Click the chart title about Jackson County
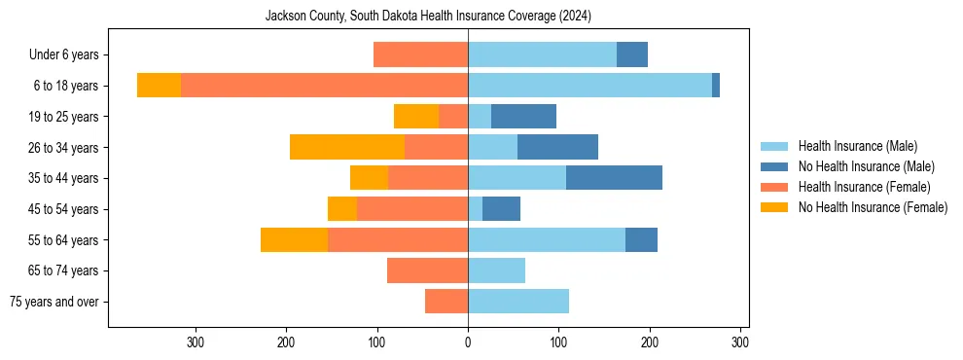point(428,17)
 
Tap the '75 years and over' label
point(54,302)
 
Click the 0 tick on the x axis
point(468,342)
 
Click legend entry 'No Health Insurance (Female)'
point(873,207)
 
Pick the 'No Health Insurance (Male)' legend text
point(866,166)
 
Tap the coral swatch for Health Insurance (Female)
point(774,187)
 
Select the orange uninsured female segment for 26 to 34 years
point(347,147)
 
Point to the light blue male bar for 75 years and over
point(518,302)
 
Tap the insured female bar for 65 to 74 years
point(427,270)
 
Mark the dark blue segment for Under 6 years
point(632,55)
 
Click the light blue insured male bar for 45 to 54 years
point(475,209)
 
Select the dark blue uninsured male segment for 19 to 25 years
point(523,117)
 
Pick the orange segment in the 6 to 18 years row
point(159,86)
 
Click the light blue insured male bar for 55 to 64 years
point(547,239)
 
